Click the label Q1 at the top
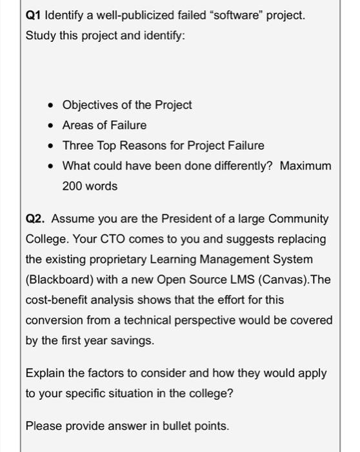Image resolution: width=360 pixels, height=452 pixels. click(34, 14)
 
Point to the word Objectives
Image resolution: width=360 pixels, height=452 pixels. click(89, 105)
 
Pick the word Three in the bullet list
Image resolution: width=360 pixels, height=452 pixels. click(77, 145)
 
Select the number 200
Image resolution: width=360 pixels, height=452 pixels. click(72, 187)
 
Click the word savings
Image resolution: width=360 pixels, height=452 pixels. click(133, 340)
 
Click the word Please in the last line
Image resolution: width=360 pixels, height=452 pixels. click(43, 425)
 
